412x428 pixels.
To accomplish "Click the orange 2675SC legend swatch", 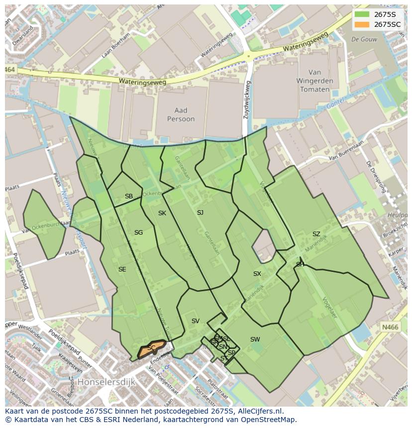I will point(362,24).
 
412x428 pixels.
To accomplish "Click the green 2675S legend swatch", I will point(362,14).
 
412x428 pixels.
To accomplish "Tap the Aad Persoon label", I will point(177,115).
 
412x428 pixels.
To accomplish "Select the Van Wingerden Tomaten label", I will point(314,81).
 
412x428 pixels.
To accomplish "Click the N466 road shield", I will point(390,327).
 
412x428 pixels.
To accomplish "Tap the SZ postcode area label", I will point(316,234).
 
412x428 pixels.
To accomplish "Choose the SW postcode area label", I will point(255,340).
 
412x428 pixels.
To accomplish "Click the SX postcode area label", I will point(257,274).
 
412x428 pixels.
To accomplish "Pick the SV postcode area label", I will point(195,321).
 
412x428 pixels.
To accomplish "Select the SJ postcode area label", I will point(200,213).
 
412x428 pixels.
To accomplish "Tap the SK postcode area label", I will point(162,213).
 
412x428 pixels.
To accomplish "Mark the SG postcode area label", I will point(138,233).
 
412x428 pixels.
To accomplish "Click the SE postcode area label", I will point(122,269).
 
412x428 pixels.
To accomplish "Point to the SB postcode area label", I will point(129,196).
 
